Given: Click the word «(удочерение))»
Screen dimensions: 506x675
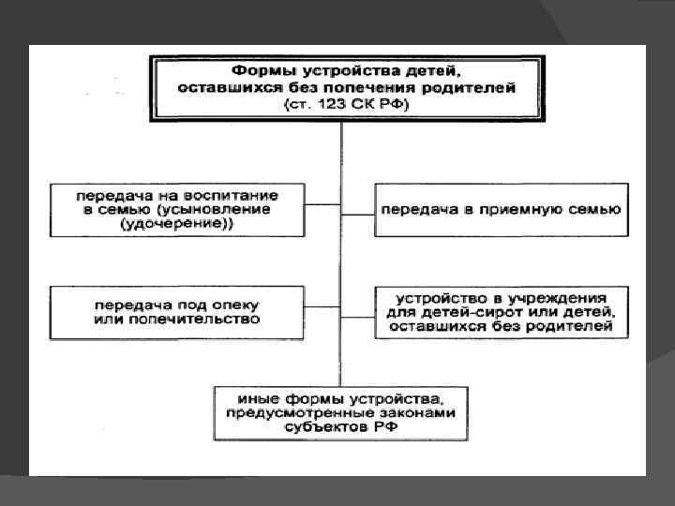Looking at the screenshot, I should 179,225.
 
